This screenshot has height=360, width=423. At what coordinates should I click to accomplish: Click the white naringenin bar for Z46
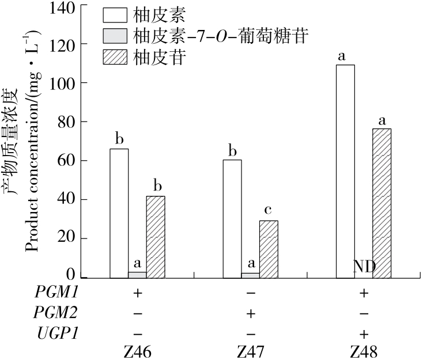click(x=119, y=213)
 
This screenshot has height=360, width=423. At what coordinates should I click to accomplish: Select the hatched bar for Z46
click(x=156, y=237)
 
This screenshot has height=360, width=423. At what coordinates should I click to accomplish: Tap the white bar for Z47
click(x=232, y=219)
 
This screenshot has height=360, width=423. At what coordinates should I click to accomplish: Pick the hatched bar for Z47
click(x=269, y=249)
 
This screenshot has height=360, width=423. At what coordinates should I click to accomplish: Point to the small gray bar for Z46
click(x=137, y=275)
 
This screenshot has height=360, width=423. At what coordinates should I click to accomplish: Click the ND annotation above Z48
click(x=364, y=267)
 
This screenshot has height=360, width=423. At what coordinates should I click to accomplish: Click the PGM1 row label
click(x=56, y=293)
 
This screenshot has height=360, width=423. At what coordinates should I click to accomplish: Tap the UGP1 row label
click(x=56, y=333)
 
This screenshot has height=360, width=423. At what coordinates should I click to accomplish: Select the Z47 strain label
click(x=250, y=351)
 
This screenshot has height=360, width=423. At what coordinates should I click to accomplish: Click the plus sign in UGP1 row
click(x=364, y=333)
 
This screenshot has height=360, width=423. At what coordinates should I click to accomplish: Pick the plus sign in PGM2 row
click(x=250, y=313)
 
